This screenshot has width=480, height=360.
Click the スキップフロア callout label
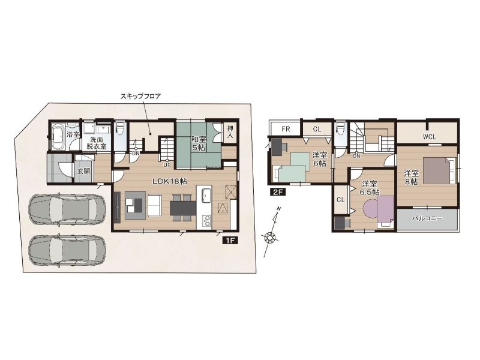tap(140, 97)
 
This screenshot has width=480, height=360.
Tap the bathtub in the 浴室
tap(58, 137)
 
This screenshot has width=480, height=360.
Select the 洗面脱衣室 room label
tap(96, 142)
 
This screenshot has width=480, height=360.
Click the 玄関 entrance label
tap(83, 171)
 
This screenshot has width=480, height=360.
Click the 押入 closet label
tap(230, 131)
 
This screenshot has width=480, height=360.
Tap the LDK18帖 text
tap(170, 181)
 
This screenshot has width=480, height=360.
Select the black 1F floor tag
tap(230, 241)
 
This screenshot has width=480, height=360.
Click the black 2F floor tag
tap(278, 192)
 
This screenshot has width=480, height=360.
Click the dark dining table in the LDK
tap(183, 208)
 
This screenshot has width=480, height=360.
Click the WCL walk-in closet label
tap(430, 137)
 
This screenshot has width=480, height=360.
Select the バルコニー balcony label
tap(427, 218)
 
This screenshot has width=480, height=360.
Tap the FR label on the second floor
tap(286, 129)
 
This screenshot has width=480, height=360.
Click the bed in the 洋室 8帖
tap(440, 170)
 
